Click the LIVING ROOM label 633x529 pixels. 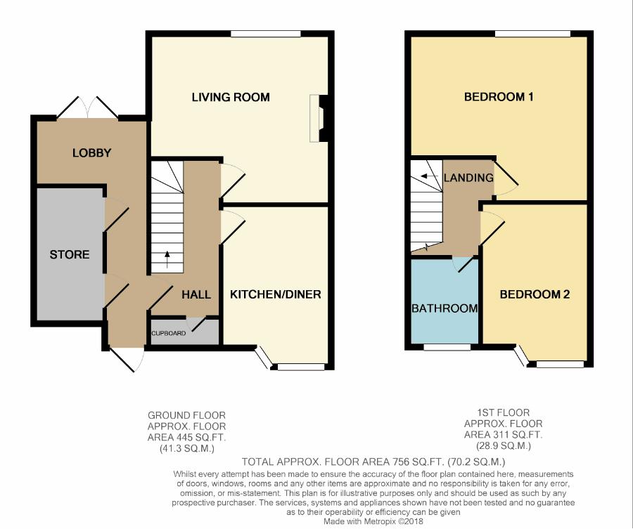231,97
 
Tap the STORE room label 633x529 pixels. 70,254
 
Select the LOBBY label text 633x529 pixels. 91,153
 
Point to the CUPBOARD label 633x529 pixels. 168,334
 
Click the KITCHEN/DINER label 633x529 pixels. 275,294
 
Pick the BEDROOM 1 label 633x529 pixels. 499,97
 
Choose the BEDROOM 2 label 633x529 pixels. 535,294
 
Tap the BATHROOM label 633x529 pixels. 445,308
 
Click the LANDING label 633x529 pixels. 468,178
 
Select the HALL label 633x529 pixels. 196,294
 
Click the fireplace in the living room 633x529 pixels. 319,118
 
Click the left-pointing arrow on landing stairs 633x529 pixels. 429,176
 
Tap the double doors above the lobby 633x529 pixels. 88,107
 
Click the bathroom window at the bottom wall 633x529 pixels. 447,347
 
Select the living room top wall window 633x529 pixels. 266,34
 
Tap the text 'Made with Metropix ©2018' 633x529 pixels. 373,521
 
